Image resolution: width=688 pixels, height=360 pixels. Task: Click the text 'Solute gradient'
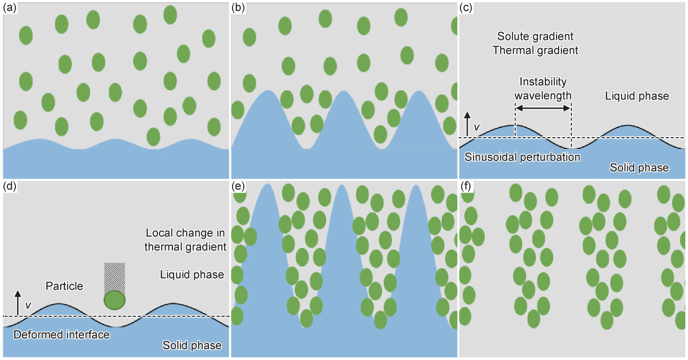(535, 37)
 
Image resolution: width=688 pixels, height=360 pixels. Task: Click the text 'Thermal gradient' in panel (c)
(535, 51)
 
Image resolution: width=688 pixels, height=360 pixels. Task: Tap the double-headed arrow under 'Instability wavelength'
(543, 108)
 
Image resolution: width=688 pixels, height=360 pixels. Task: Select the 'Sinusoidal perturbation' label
(522, 157)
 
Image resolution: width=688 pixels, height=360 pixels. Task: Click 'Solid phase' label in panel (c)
(639, 168)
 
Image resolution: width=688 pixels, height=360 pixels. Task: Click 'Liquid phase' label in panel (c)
(637, 96)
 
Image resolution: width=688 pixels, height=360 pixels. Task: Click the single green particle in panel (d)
(114, 300)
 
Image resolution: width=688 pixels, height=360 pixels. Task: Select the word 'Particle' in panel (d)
(64, 286)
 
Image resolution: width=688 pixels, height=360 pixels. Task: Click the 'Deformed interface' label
(61, 335)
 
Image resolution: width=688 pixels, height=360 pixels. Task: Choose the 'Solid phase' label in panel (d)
(192, 346)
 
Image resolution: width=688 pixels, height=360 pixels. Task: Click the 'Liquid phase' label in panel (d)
(192, 275)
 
